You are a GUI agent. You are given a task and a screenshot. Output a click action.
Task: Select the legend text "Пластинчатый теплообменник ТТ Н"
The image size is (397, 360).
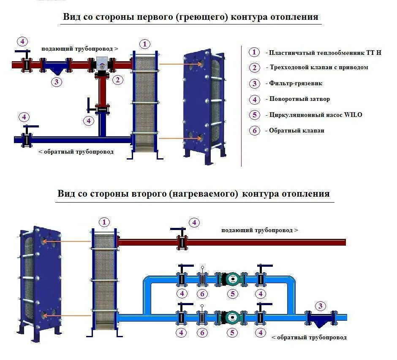click(325, 53)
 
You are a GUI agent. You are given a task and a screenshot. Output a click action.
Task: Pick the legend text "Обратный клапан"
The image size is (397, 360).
click(297, 130)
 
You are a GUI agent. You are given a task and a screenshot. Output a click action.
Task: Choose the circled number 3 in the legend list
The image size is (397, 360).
click(254, 84)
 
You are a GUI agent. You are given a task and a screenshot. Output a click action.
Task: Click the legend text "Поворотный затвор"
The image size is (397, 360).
click(299, 99)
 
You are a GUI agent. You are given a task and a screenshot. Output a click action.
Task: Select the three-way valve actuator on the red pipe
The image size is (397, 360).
click(102, 65)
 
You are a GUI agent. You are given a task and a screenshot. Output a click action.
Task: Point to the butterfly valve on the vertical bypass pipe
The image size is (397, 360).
click(101, 109)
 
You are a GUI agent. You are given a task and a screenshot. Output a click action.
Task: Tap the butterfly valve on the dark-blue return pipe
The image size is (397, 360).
click(27, 139)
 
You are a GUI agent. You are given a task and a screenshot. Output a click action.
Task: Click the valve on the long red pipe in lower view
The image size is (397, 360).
click(182, 242)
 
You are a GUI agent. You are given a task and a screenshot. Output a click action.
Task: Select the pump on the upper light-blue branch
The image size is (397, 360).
click(232, 279)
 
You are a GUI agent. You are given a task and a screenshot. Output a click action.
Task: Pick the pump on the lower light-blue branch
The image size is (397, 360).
click(232, 317)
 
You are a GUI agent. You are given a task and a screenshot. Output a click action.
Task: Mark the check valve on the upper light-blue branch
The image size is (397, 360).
click(202, 279)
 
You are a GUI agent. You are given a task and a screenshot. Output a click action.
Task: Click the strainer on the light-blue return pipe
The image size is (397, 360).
click(321, 318)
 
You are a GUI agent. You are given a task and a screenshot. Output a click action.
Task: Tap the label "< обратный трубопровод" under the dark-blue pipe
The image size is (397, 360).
click(76, 152)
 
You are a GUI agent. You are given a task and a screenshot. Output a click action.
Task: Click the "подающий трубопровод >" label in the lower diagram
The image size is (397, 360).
click(259, 230)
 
